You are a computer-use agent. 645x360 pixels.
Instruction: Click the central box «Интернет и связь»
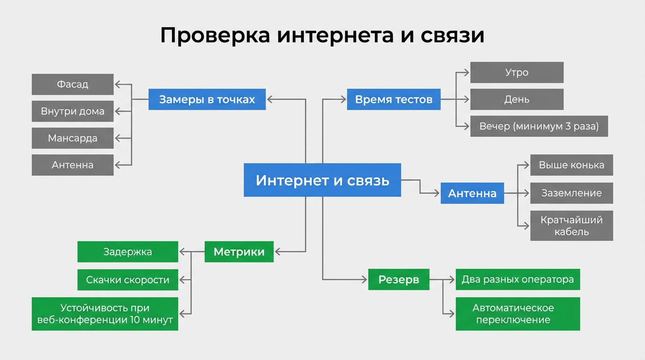(322, 180)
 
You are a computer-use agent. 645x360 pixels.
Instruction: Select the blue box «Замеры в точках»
(207, 99)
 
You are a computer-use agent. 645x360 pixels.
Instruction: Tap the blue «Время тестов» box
(393, 99)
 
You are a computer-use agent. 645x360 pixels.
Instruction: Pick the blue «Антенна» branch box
(472, 193)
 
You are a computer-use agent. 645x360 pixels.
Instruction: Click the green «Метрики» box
(239, 252)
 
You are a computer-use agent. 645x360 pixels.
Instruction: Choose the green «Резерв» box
(398, 279)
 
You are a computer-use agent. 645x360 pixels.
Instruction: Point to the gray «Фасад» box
(73, 84)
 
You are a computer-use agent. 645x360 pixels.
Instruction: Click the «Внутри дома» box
(73, 111)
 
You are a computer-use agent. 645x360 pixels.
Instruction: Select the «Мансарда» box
(73, 138)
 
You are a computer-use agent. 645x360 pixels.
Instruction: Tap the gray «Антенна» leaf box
(73, 165)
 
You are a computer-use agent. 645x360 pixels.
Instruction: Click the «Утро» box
(517, 73)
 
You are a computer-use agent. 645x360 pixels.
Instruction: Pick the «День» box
(517, 99)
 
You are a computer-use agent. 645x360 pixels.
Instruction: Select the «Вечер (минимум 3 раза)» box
(539, 126)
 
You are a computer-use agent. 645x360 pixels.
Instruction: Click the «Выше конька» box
(571, 165)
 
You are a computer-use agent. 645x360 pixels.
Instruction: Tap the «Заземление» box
(571, 193)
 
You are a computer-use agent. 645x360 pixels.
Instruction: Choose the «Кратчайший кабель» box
(571, 225)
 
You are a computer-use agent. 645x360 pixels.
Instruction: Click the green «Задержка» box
(127, 252)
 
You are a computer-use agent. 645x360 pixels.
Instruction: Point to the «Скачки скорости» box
(127, 280)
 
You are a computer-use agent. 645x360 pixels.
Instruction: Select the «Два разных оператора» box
(517, 279)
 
